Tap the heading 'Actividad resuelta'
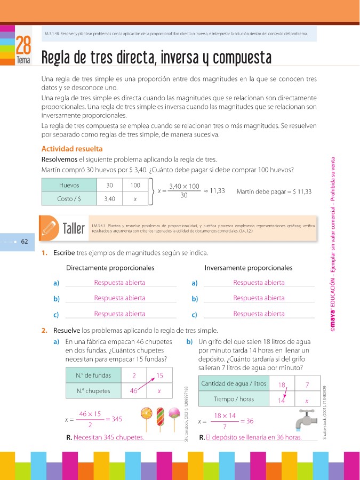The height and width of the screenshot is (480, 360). (x=71, y=149)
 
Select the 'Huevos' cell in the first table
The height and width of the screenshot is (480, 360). (x=69, y=185)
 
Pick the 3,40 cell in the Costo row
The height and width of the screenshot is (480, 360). (x=110, y=198)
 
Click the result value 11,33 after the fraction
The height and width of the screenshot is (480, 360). (x=217, y=190)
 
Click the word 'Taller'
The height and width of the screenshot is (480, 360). (x=74, y=229)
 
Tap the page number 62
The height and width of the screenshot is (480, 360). (x=25, y=241)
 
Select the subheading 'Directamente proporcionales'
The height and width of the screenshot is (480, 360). (x=110, y=267)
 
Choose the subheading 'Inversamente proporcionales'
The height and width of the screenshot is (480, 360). (x=249, y=267)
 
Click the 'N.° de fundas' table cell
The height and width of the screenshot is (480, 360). (x=90, y=375)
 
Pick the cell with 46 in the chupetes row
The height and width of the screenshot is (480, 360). (x=134, y=390)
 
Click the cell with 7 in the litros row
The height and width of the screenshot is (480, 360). (x=307, y=384)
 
